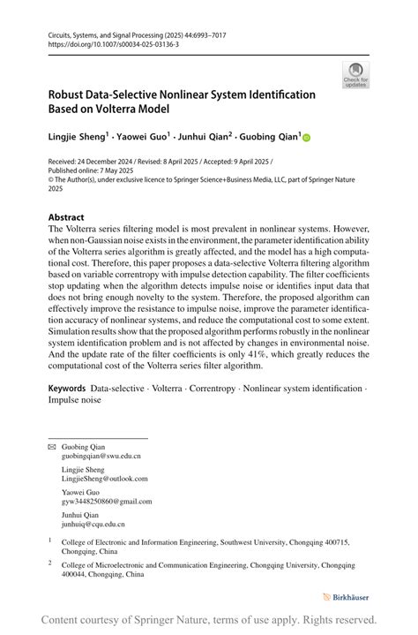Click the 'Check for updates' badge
[355, 75]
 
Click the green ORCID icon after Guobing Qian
[308, 137]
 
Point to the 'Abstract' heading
[66, 217]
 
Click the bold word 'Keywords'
[67, 389]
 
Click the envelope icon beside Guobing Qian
[52, 448]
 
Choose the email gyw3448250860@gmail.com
[106, 501]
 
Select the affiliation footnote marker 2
[51, 562]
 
